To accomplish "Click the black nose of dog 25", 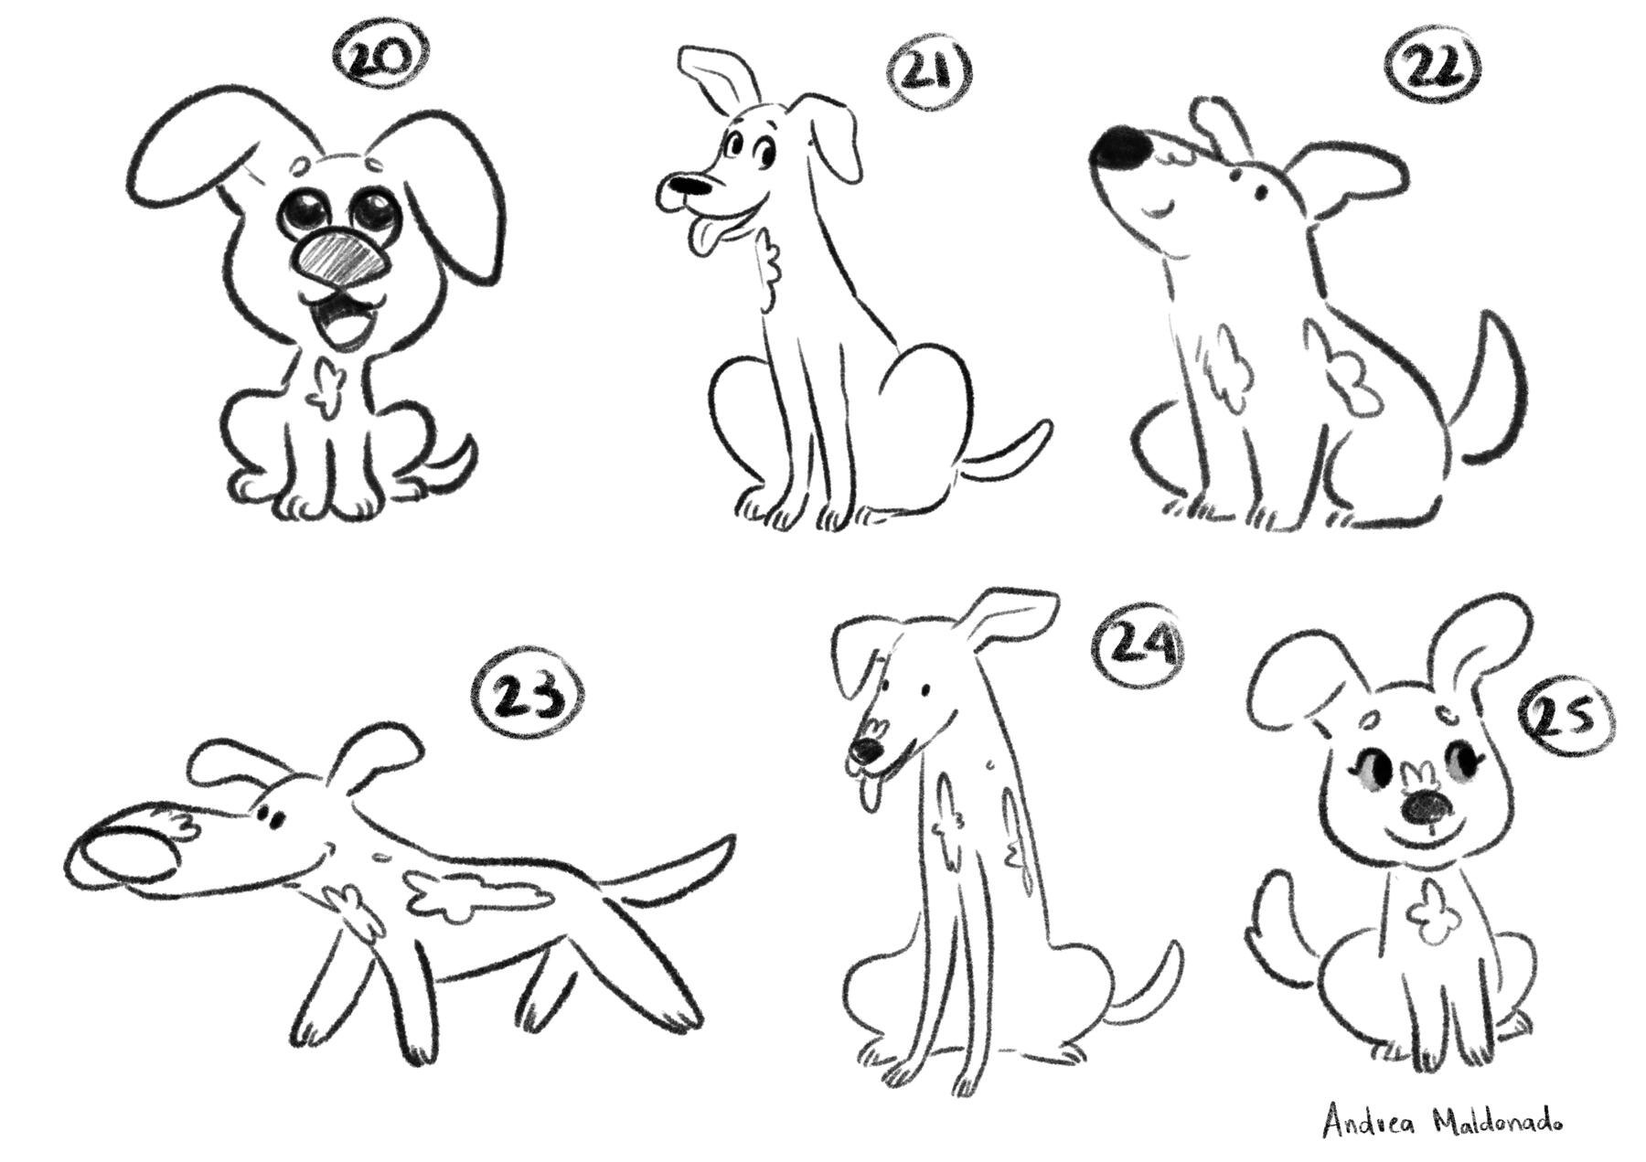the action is coord(1427,806).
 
